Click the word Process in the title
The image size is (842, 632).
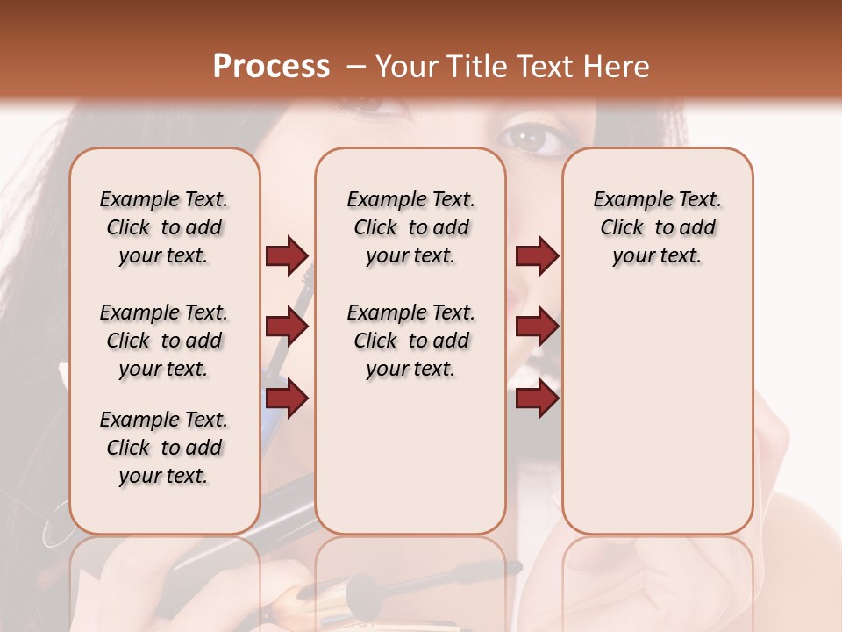(271, 66)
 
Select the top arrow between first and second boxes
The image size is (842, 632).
(287, 255)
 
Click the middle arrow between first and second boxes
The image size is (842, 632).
(287, 327)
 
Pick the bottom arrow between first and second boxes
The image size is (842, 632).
(287, 398)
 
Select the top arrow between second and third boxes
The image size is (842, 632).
(537, 255)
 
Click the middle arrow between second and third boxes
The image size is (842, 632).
(537, 327)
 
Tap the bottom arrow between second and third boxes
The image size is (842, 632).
(537, 398)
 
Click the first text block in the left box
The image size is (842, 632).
(164, 227)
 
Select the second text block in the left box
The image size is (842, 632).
(164, 341)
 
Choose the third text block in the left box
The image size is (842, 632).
(164, 448)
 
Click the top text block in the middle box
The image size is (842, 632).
(410, 227)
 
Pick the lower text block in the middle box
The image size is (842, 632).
(410, 341)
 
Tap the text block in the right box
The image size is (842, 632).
(657, 227)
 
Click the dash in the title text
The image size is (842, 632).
(356, 67)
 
